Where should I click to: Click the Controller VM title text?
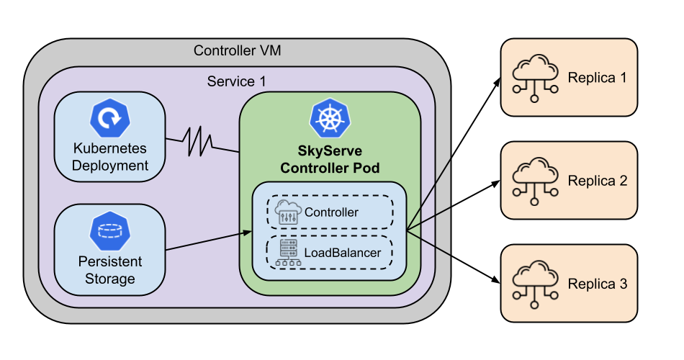(x=237, y=51)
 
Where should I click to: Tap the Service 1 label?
(x=236, y=81)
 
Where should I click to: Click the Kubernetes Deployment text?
(x=110, y=157)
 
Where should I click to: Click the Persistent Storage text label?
(x=110, y=269)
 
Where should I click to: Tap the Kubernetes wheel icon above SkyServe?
(x=329, y=120)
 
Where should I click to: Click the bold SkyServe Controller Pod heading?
(x=329, y=160)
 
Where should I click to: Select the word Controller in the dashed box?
(x=331, y=212)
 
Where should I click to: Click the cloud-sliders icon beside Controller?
(x=288, y=212)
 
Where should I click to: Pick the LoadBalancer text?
(x=342, y=253)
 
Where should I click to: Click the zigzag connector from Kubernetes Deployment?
(x=198, y=141)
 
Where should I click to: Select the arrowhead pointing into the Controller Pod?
(x=247, y=233)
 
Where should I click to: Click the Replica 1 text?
(x=597, y=78)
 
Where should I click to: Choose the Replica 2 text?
(x=597, y=181)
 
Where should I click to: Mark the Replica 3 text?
(x=597, y=284)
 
